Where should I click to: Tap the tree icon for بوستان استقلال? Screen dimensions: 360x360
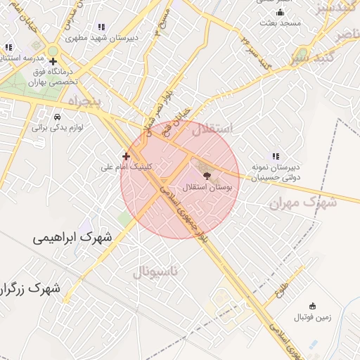(x=205, y=175)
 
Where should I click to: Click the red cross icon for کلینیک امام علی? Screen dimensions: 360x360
(x=126, y=156)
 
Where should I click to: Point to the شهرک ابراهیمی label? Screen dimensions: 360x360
(x=72, y=238)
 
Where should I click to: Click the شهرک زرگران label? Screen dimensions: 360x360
(x=32, y=288)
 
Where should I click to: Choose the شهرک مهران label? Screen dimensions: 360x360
(x=303, y=202)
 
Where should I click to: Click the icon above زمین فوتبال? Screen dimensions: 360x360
(x=313, y=306)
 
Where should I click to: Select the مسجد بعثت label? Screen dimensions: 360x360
(x=279, y=23)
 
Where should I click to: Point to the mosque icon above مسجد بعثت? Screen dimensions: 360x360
(x=280, y=12)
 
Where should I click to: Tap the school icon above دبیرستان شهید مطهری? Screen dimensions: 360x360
(x=103, y=27)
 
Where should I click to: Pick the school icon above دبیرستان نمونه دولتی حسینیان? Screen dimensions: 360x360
(x=275, y=156)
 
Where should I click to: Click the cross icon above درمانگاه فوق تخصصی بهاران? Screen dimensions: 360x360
(x=53, y=62)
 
